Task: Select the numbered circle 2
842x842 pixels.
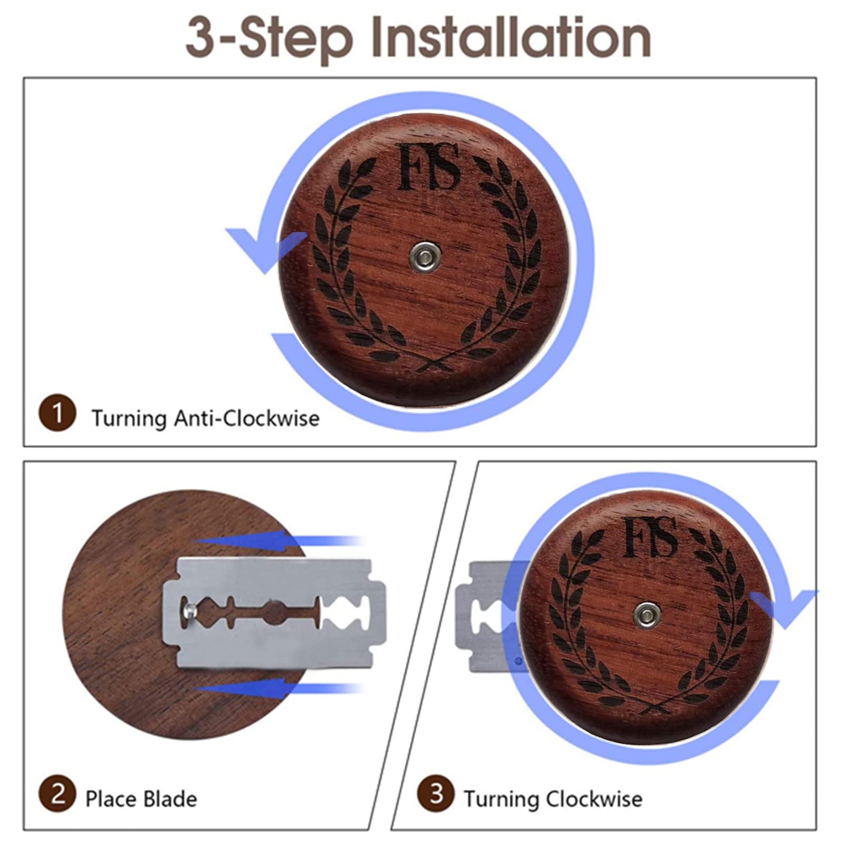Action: [x=57, y=793]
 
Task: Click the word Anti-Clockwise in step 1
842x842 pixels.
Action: [x=247, y=418]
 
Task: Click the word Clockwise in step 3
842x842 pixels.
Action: [x=594, y=799]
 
